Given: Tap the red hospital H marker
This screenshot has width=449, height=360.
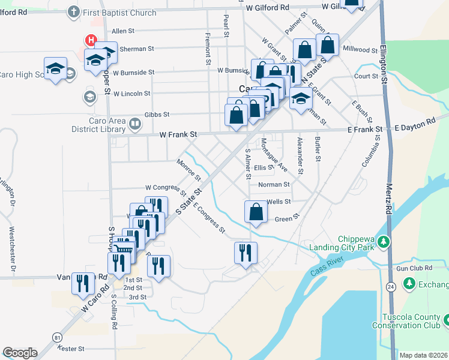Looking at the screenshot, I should pos(91,40).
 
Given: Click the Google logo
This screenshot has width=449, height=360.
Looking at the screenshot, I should pos(20,353).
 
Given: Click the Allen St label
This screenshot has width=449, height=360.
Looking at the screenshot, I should pos(122,30).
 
